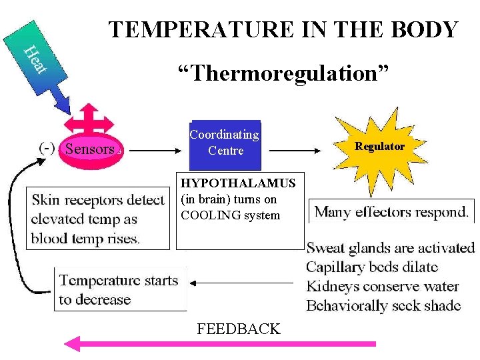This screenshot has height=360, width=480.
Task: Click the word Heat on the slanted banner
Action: click(x=35, y=59)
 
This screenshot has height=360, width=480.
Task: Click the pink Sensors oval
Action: click(x=91, y=149)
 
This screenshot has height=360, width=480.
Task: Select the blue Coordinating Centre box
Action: click(x=225, y=143)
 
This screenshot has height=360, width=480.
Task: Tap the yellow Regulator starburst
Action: click(x=379, y=147)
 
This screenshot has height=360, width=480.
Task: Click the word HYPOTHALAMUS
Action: click(x=239, y=183)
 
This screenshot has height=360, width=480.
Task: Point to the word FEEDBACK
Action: click(x=239, y=329)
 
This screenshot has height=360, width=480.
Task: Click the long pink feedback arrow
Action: click(x=220, y=344)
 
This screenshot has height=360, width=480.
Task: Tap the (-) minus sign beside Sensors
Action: click(x=47, y=147)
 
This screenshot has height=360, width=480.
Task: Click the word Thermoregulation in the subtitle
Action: click(x=283, y=73)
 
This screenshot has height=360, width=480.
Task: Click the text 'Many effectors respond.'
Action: click(x=391, y=213)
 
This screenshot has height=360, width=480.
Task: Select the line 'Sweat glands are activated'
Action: click(x=390, y=248)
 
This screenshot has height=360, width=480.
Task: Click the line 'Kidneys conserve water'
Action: click(x=382, y=287)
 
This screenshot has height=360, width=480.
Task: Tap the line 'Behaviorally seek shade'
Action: click(x=383, y=305)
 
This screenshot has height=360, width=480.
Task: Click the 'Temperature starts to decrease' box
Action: click(x=119, y=289)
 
